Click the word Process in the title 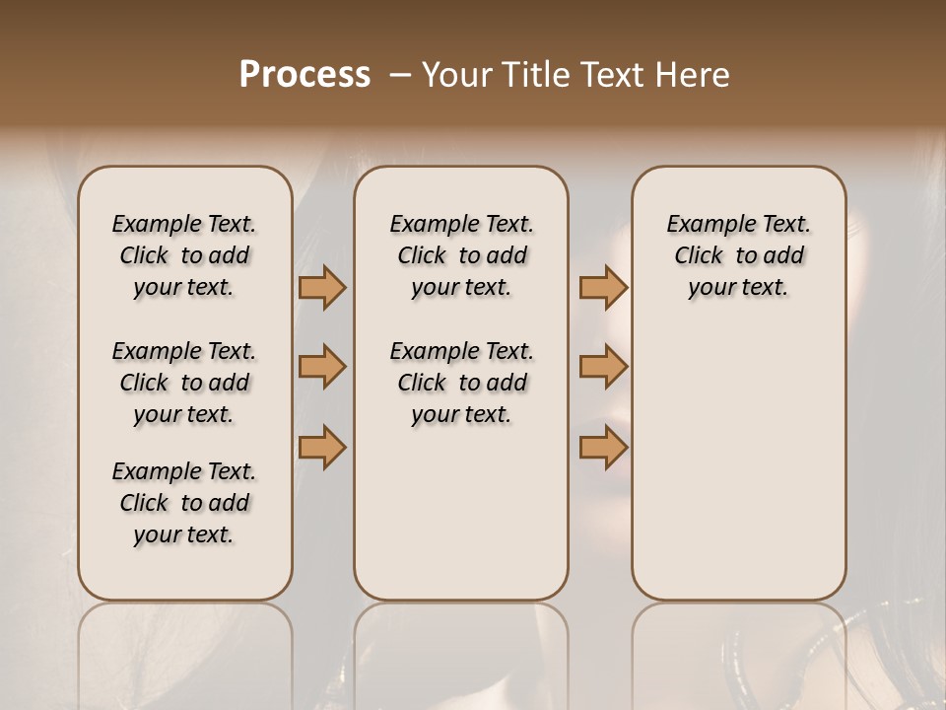click(304, 75)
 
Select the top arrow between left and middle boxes click(322, 288)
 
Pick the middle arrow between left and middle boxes click(322, 367)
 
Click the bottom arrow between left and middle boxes click(322, 448)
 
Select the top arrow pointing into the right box click(603, 288)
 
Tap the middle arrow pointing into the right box click(603, 367)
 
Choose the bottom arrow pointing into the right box click(603, 448)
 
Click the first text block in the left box click(184, 255)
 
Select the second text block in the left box click(184, 383)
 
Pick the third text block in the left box click(184, 503)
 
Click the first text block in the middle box click(461, 255)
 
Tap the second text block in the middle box click(461, 383)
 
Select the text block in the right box click(739, 255)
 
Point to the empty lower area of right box click(739, 463)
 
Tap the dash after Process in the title click(400, 75)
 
